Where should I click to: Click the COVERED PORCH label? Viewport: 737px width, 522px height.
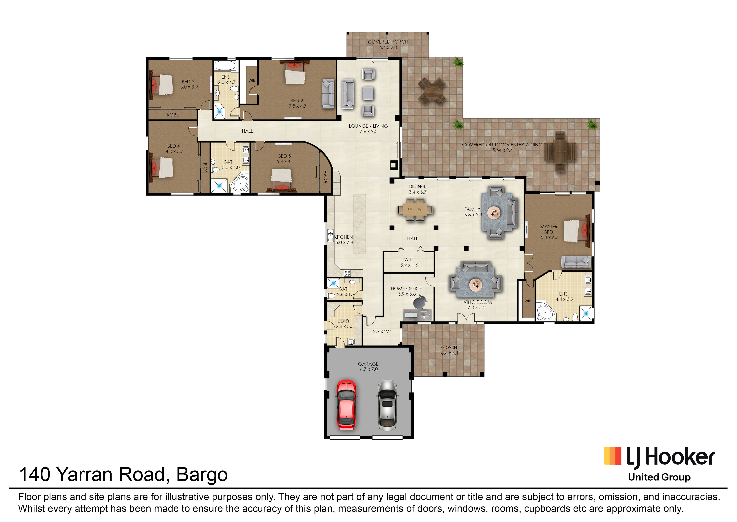coord(388,42)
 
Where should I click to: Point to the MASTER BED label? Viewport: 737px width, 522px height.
coord(549,229)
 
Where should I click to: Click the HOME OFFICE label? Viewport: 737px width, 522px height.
coord(406,288)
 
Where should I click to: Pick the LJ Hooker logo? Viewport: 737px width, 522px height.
coord(659,464)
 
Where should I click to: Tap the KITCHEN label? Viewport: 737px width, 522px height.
coord(343,237)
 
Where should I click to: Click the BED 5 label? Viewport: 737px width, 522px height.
coord(284,156)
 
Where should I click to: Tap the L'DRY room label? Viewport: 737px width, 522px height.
coord(344,321)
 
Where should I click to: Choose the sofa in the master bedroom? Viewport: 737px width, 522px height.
coord(576,262)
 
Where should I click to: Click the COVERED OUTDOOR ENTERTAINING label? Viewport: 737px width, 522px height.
coord(502,145)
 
